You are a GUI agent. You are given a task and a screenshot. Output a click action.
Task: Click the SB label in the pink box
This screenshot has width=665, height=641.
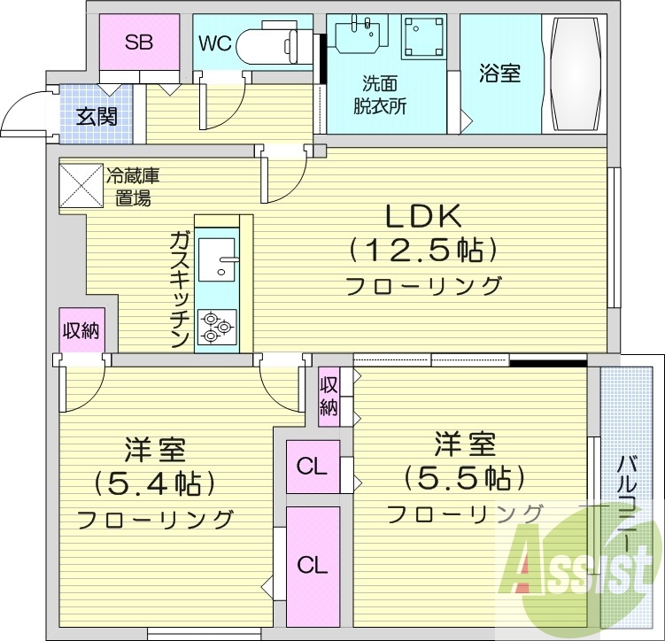point(137,42)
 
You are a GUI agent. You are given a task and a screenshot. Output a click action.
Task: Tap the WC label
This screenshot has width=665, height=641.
point(217,42)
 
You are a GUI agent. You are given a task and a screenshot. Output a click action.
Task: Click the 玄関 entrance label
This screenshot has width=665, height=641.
point(97,116)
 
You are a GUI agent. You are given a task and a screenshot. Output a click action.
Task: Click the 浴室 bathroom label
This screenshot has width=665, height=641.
point(500,73)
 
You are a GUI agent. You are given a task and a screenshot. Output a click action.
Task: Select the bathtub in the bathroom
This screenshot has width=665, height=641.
point(576,74)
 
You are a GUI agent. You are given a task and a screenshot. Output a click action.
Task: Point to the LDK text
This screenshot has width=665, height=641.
point(423,218)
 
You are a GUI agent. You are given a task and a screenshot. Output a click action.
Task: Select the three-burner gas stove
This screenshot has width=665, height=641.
point(216,327)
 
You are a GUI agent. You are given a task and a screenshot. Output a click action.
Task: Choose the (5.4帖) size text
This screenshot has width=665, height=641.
point(156,483)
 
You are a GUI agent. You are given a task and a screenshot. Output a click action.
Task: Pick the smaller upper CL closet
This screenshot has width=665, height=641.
point(311,466)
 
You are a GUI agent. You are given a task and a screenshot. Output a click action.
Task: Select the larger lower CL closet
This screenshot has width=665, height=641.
point(311,563)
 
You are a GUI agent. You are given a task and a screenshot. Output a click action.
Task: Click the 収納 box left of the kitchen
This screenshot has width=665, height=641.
point(80,331)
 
